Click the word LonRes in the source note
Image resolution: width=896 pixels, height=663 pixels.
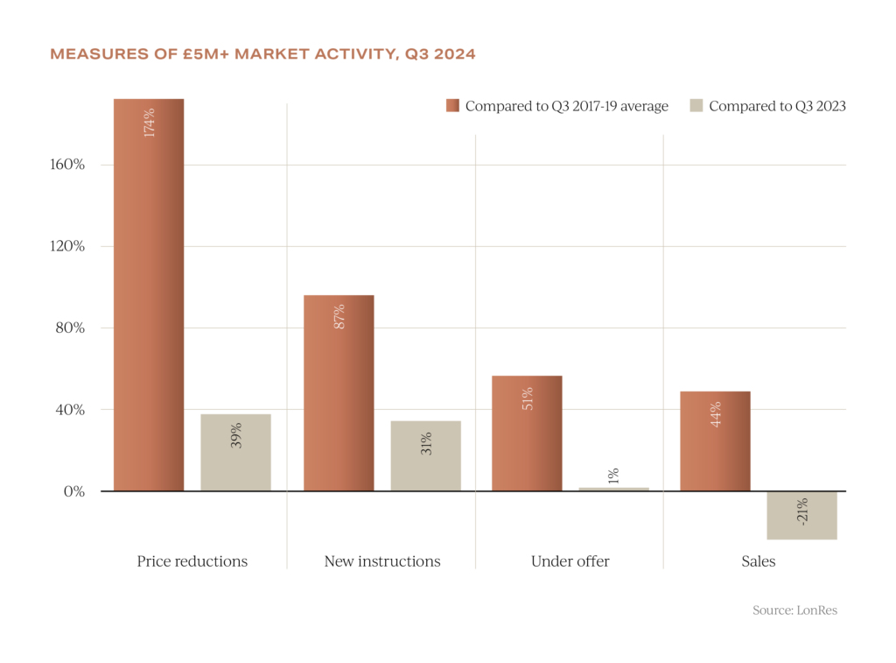point(816,610)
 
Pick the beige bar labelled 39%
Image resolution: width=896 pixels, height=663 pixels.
point(236,452)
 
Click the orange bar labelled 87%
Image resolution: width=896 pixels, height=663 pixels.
point(339,392)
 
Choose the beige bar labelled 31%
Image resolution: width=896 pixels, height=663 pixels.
point(426,455)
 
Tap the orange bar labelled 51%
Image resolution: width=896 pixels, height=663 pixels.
point(527,433)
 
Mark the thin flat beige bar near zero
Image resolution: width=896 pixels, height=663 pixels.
point(614,489)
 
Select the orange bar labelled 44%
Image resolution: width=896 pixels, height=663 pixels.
point(715,441)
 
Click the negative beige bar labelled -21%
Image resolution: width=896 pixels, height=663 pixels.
point(802,516)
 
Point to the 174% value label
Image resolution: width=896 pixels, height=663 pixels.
point(149,123)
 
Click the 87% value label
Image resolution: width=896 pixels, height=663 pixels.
point(339,316)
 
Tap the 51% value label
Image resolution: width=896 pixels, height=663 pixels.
point(527,399)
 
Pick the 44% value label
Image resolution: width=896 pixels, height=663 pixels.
point(715,413)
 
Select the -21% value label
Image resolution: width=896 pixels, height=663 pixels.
point(802,511)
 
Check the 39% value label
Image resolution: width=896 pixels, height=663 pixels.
point(236,435)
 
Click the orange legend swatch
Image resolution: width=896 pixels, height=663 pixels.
point(452,106)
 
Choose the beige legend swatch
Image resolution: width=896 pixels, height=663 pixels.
point(696,106)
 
